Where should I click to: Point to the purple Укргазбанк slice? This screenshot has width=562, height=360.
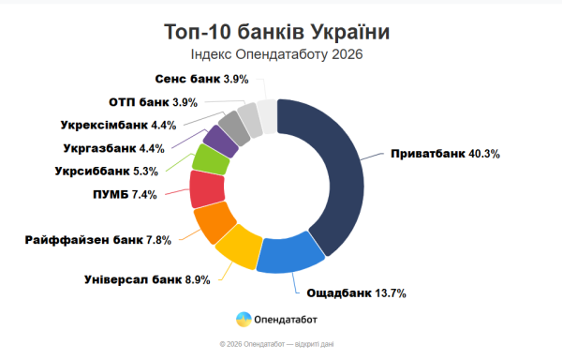click(x=221, y=140)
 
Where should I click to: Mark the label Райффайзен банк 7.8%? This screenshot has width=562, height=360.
click(x=98, y=240)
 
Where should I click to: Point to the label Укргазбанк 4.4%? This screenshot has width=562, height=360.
click(x=113, y=148)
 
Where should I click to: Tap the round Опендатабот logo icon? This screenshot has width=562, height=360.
click(x=243, y=319)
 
